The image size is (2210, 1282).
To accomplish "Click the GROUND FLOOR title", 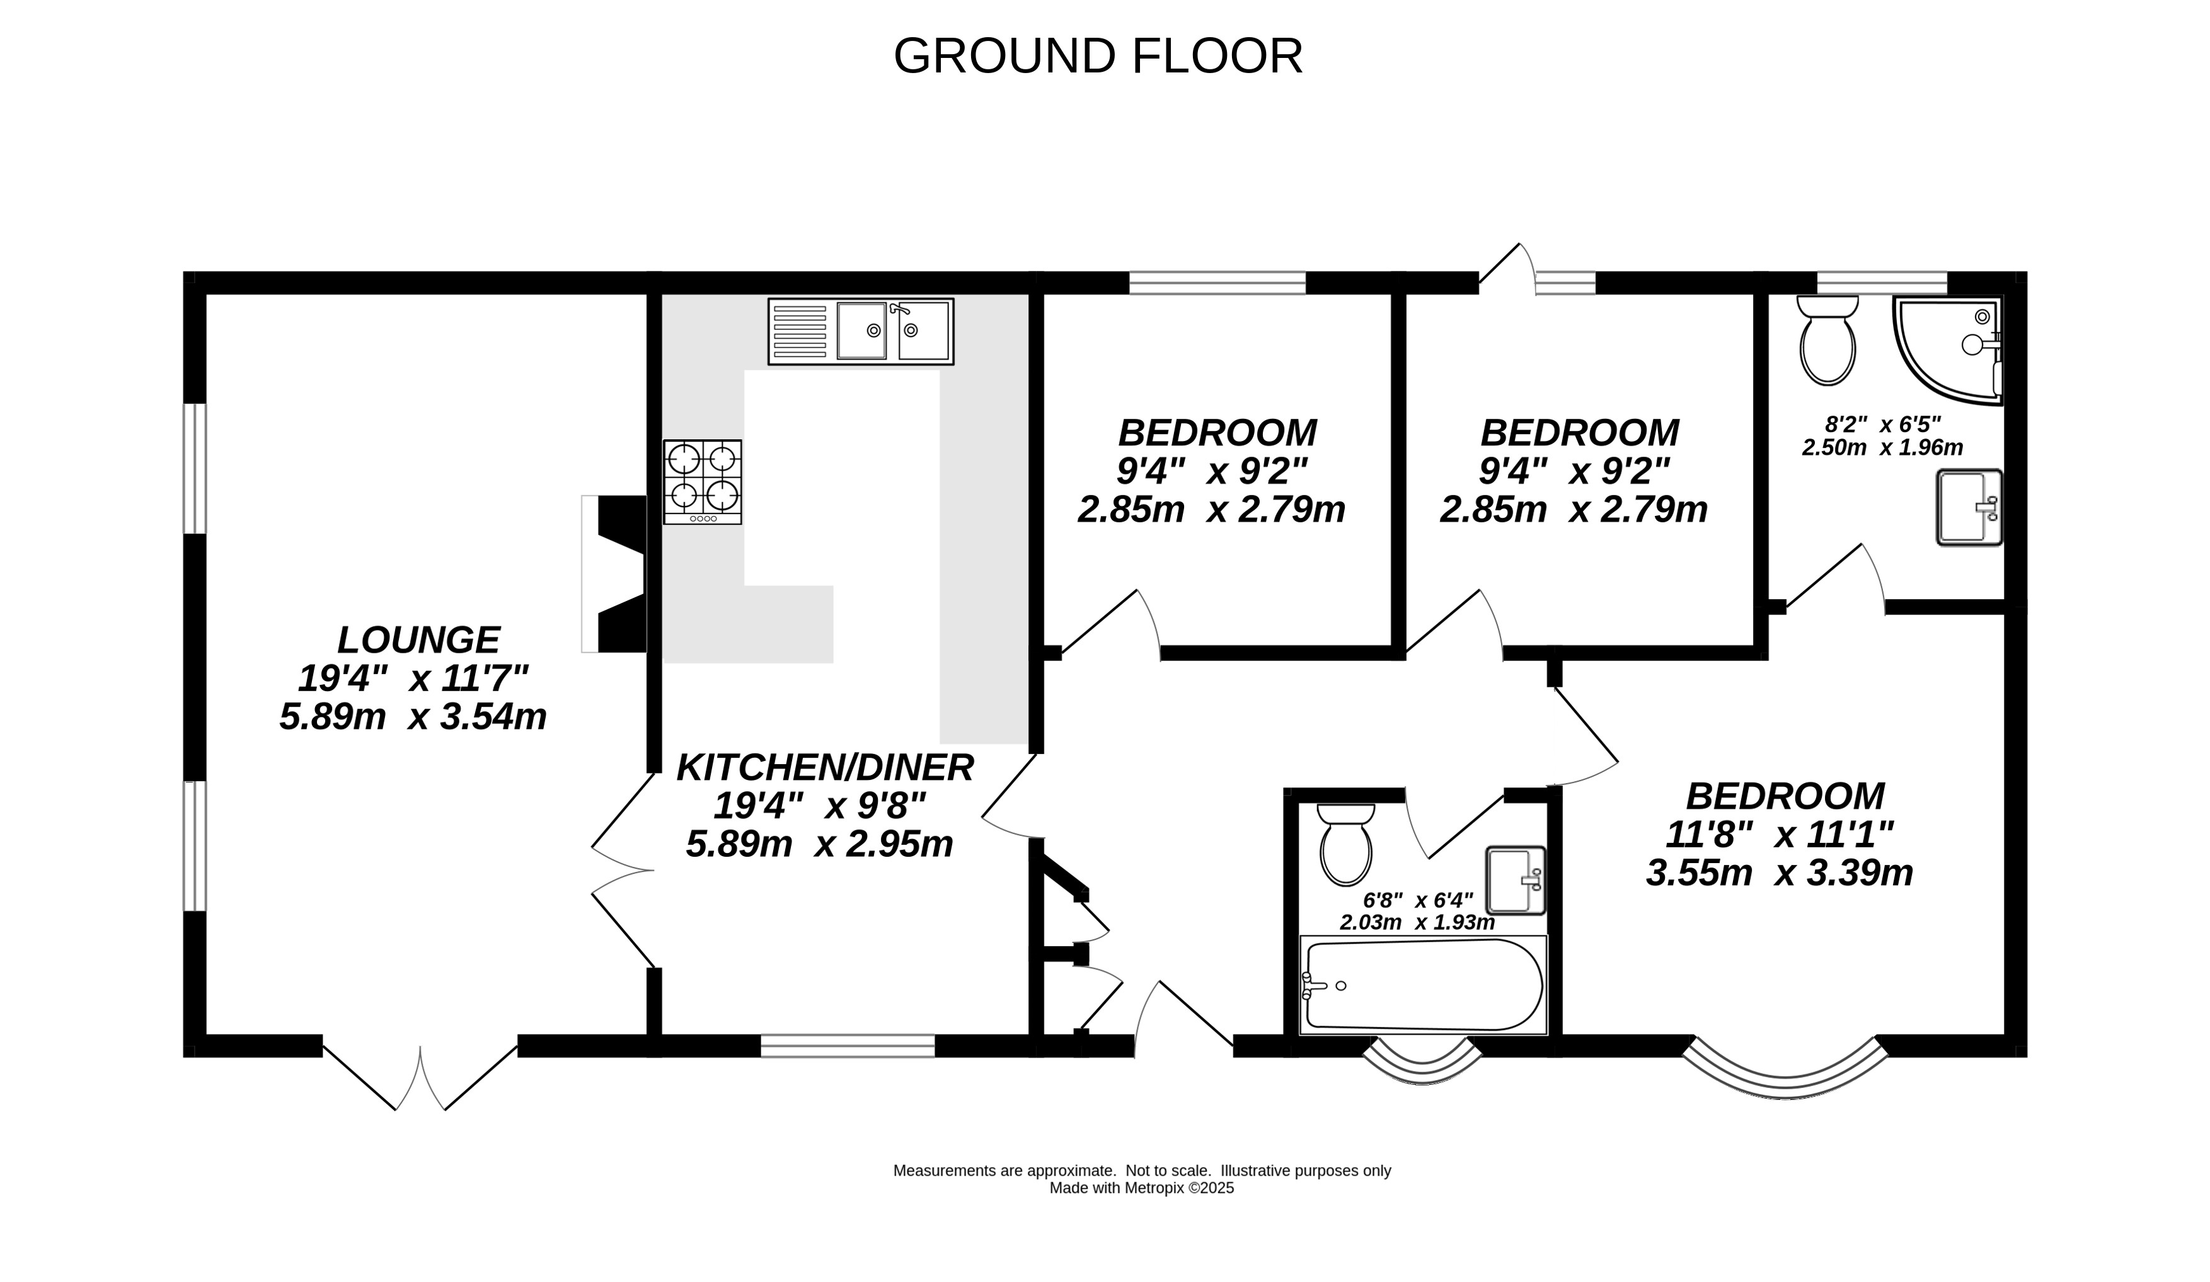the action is click(1098, 56).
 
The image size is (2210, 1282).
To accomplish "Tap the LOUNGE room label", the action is click(418, 639).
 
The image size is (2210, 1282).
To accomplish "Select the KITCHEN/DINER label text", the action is click(824, 767).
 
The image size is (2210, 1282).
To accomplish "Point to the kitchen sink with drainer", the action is click(860, 331).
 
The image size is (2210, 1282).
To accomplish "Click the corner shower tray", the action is click(1948, 349).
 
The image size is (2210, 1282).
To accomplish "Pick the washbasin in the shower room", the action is click(1969, 507).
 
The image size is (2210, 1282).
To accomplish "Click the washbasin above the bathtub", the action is click(1516, 879).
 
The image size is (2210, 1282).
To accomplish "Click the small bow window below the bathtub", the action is click(1422, 1061).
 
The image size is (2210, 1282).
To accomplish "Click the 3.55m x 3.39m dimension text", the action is click(1780, 873).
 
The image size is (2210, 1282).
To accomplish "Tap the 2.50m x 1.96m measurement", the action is click(1882, 447).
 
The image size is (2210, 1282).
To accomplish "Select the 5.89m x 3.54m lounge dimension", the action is click(413, 716).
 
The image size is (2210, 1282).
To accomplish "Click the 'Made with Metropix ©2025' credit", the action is click(1141, 1188).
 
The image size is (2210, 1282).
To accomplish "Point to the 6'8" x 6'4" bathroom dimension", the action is click(1418, 901).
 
